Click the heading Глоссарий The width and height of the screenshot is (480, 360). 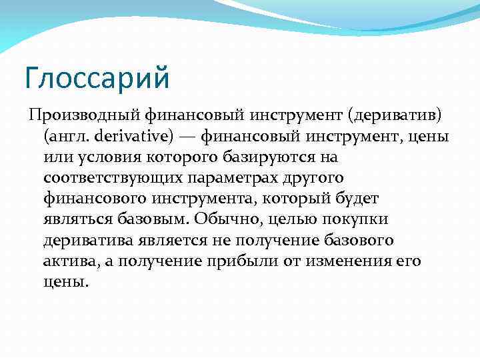pos(98,77)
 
